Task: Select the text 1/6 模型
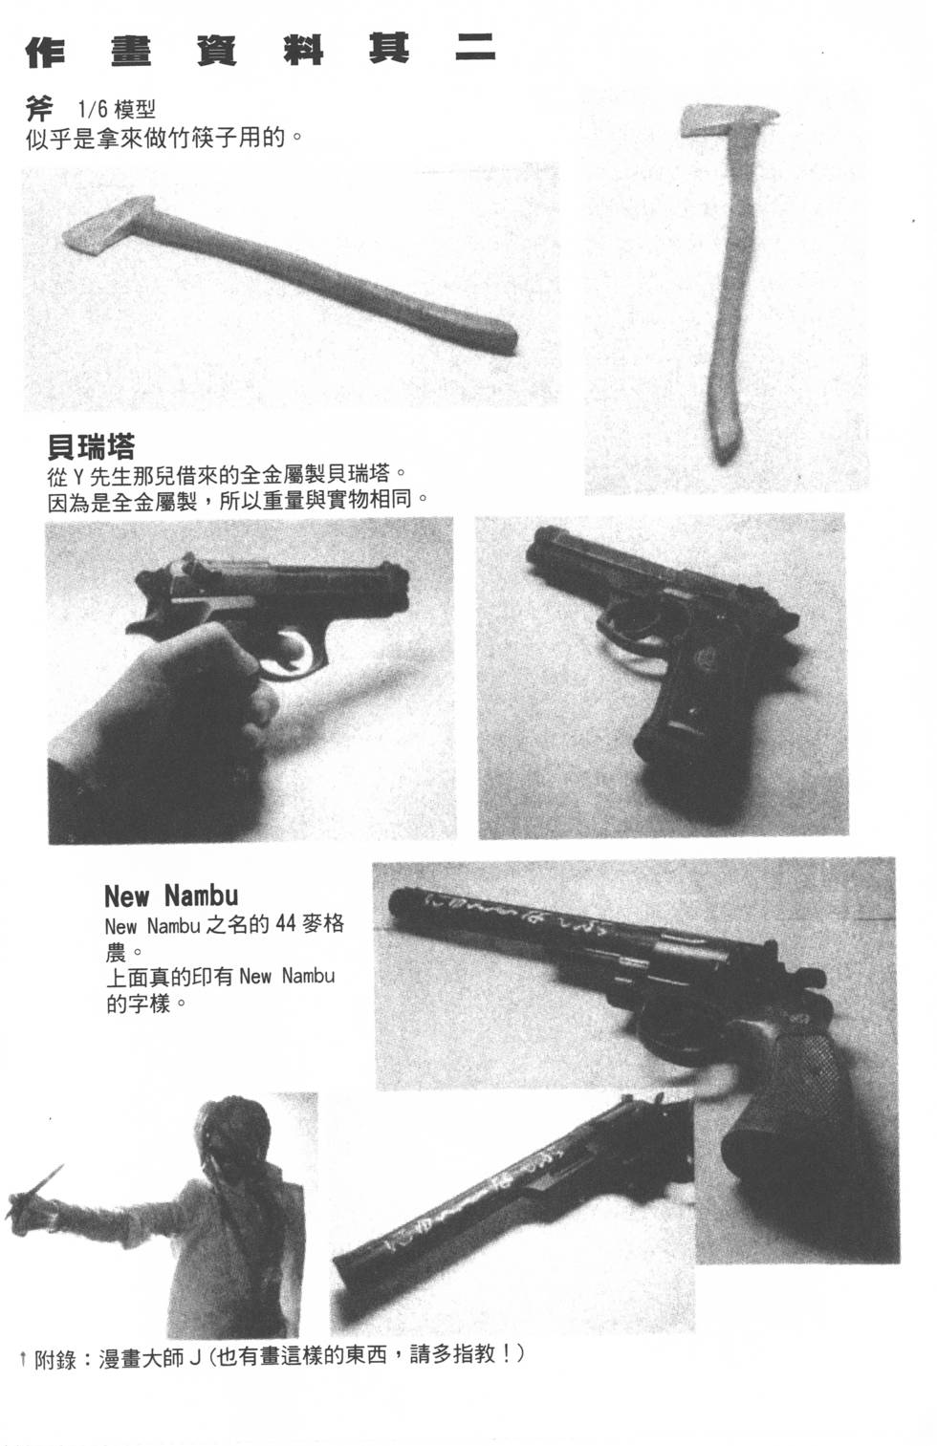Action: coord(109,111)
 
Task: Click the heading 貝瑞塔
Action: coord(91,446)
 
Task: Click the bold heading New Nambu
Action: coord(170,896)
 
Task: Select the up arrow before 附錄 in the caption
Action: coord(23,1357)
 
